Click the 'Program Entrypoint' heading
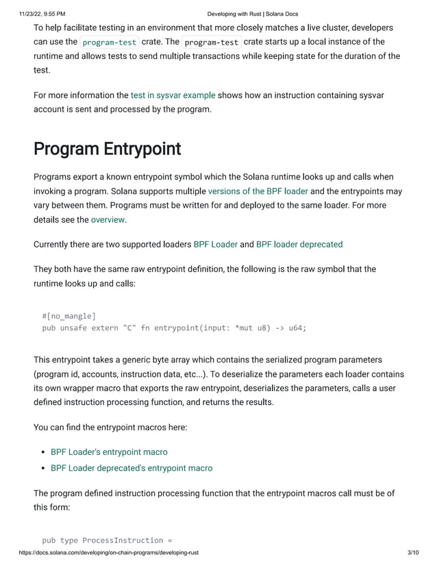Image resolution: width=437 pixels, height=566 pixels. (107, 149)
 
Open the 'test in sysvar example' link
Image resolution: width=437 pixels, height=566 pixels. (173, 95)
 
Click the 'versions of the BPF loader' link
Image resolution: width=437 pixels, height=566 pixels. (258, 191)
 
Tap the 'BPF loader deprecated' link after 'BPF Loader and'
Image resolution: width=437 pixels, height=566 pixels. (299, 244)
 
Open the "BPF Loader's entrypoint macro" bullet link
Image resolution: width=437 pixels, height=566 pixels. (109, 452)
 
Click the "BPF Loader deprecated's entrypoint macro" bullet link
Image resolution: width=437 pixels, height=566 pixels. (132, 468)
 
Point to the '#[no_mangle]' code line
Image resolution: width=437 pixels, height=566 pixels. (68, 316)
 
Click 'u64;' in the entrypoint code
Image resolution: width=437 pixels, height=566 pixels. (297, 328)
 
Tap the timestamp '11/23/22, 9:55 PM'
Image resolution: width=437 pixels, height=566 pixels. (33, 14)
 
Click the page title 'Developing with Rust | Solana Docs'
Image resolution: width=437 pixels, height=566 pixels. (252, 14)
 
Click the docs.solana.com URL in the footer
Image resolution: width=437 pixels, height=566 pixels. (109, 553)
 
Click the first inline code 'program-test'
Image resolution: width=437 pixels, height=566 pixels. (109, 42)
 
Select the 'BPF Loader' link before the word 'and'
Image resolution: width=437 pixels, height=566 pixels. (215, 244)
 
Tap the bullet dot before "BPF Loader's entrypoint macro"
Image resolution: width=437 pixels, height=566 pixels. (43, 452)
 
